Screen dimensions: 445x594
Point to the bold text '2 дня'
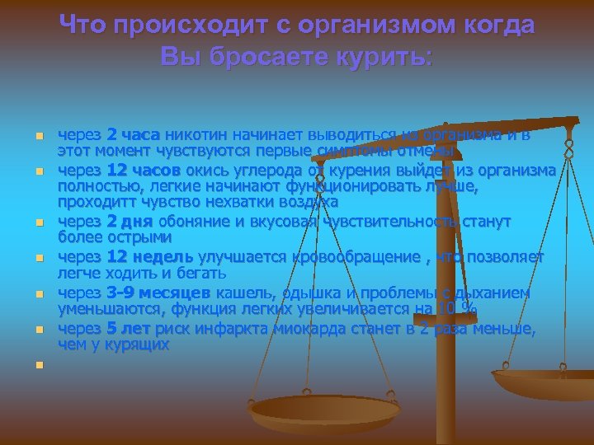click(x=130, y=222)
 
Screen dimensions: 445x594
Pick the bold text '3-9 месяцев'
click(x=160, y=293)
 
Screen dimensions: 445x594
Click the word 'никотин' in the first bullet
click(x=195, y=133)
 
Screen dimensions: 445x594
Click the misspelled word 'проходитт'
click(x=92, y=201)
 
